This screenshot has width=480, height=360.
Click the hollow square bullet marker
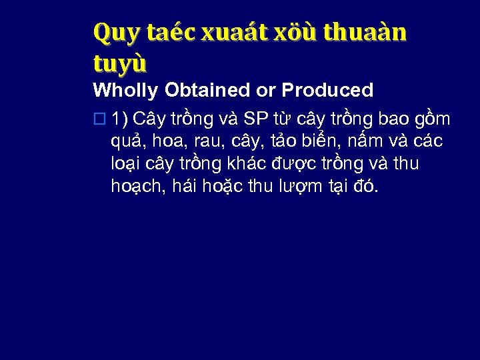click(100, 120)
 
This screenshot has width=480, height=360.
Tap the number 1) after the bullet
click(121, 119)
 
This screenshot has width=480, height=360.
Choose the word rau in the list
click(210, 143)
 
